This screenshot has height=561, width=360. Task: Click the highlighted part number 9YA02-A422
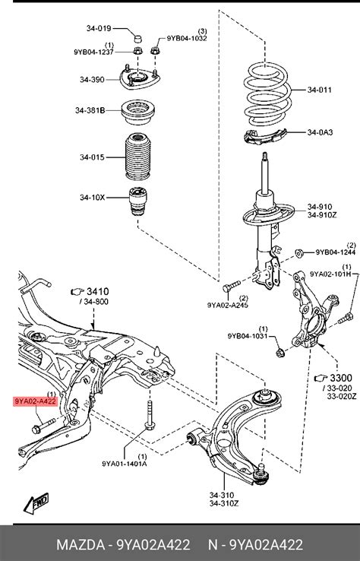36,401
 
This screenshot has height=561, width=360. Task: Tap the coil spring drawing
268,93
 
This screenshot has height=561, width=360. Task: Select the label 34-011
319,90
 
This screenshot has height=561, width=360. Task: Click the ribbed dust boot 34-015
137,157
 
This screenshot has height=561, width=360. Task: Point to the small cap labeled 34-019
137,37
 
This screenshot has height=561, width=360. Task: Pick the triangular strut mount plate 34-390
140,79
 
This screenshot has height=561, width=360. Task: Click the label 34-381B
90,110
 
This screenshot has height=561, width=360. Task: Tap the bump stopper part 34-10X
137,201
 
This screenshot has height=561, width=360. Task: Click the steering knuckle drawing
314,311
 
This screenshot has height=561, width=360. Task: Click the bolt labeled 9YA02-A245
231,287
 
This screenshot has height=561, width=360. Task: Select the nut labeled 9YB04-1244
299,253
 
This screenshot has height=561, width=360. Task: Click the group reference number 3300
341,378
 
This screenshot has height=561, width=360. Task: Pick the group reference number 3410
98,292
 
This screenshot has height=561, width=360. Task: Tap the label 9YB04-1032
187,38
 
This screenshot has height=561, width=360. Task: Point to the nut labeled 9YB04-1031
280,353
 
